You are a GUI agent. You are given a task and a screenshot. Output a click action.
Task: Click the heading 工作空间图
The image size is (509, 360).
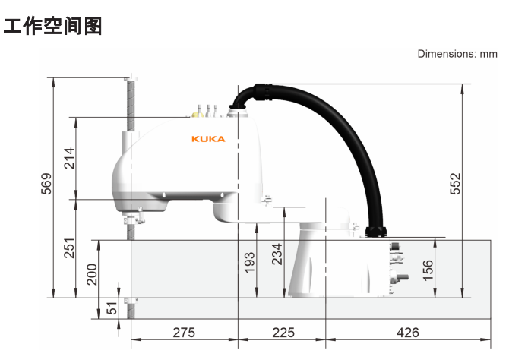pyautogui.click(x=52, y=27)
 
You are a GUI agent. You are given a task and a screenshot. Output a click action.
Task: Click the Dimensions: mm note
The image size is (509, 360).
pyautogui.click(x=457, y=54)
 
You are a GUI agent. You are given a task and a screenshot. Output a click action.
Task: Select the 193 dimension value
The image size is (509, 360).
pyautogui.click(x=250, y=262)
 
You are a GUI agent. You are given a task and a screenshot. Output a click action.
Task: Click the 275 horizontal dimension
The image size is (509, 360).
pyautogui.click(x=183, y=332)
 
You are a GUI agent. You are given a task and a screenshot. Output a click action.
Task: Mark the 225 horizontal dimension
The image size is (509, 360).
pyautogui.click(x=282, y=332)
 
